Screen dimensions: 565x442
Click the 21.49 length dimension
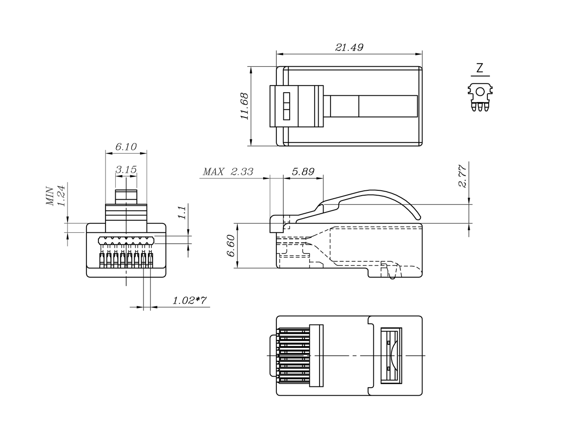click(349, 47)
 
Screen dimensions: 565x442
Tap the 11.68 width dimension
click(245, 106)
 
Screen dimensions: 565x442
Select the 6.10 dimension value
click(126, 147)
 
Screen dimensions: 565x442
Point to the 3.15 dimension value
click(126, 170)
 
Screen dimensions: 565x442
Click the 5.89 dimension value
click(303, 172)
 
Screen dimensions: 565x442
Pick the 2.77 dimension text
click(463, 176)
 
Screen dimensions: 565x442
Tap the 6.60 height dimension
click(231, 246)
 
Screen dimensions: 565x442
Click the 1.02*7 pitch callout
click(189, 301)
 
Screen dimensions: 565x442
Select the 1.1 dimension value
click(182, 212)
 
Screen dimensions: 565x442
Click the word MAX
click(213, 172)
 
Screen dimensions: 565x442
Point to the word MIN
click(50, 196)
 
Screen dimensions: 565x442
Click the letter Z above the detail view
click(480, 68)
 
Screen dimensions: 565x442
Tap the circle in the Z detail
click(480, 92)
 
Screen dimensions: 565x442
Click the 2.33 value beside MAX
click(242, 172)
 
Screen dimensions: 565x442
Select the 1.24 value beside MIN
click(61, 196)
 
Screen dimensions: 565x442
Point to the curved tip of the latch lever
click(418, 217)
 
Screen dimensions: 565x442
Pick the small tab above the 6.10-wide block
click(126, 197)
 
